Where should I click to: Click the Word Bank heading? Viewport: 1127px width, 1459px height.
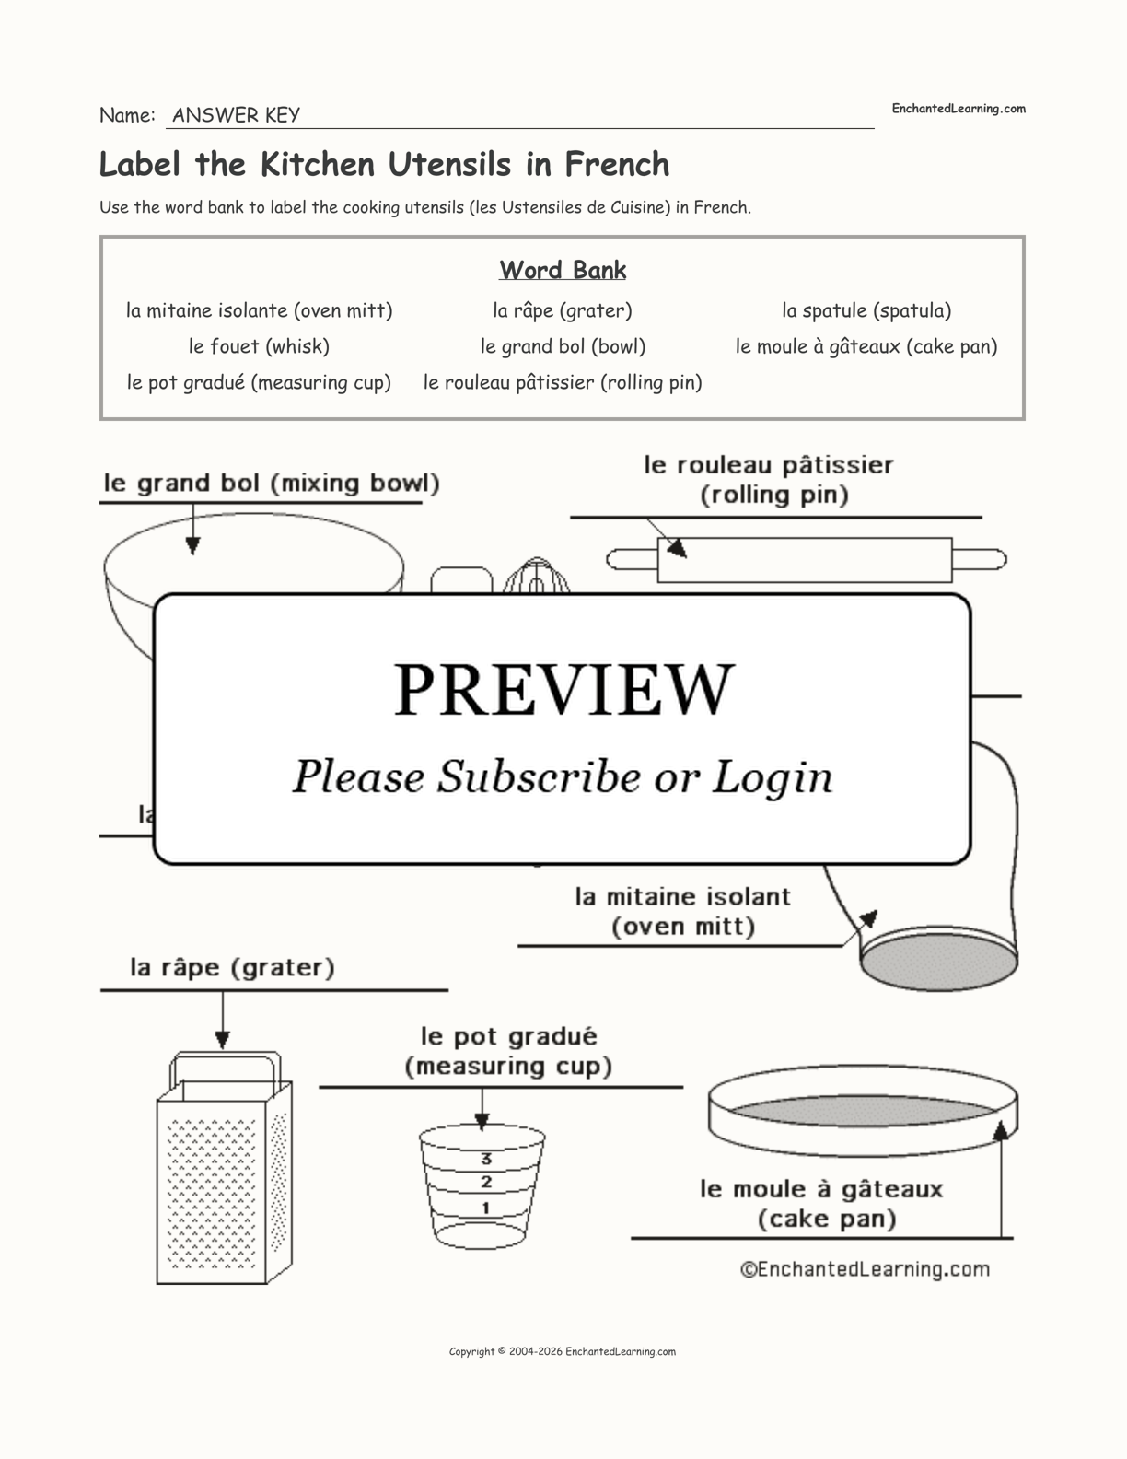point(563,270)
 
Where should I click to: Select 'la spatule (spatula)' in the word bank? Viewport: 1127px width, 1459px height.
point(866,310)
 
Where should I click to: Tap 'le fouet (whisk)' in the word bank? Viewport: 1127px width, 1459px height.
point(259,346)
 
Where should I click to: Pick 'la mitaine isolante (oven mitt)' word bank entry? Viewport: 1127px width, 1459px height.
point(259,310)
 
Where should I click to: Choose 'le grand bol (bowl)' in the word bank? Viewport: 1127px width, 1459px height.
point(563,346)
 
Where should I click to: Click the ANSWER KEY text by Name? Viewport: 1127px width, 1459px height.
point(236,115)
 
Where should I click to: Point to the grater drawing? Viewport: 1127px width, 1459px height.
point(223,1179)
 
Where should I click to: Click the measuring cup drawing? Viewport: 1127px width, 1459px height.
point(482,1188)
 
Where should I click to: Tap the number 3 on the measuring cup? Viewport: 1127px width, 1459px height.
point(486,1159)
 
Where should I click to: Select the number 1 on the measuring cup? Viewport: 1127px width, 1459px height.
point(486,1208)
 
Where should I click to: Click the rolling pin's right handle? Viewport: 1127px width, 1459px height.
point(979,559)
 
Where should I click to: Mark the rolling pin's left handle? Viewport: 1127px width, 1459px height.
point(632,559)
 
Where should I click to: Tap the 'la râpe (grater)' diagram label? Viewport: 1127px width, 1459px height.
point(232,967)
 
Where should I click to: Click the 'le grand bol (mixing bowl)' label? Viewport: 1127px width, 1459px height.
point(272,484)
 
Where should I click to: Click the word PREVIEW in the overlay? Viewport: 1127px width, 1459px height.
point(563,689)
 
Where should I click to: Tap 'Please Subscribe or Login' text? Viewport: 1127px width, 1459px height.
point(563,776)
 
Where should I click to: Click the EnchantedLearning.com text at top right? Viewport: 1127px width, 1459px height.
point(959,109)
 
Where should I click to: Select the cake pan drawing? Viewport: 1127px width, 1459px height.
point(862,1110)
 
